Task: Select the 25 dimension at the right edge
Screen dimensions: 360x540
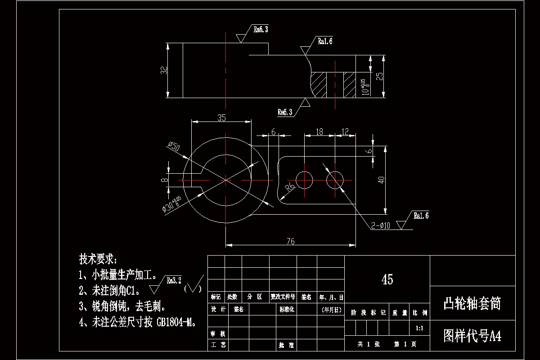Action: [380, 76]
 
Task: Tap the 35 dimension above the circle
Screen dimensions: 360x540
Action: [221, 118]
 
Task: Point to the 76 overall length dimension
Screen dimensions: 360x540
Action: [290, 242]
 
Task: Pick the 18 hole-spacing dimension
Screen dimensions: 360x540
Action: [319, 132]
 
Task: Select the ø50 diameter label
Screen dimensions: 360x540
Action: [173, 147]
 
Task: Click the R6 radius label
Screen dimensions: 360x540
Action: [290, 186]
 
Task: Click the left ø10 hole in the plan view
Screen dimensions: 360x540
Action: [305, 180]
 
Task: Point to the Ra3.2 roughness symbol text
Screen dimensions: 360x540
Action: [174, 280]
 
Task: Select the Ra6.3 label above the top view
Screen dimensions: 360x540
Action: [261, 30]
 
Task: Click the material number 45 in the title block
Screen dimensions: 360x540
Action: [387, 279]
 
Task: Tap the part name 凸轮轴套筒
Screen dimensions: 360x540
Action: [472, 304]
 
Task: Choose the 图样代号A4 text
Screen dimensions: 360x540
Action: [472, 336]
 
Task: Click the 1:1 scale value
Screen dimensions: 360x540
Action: [419, 328]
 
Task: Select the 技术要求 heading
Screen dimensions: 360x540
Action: [98, 259]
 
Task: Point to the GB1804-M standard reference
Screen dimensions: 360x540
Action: [175, 322]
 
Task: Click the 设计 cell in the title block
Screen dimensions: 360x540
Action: [218, 310]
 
